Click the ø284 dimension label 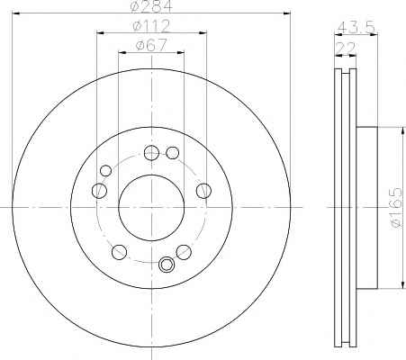(152, 6)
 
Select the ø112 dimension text (151, 26)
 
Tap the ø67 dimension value (151, 45)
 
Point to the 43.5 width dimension (356, 27)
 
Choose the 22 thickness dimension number (346, 48)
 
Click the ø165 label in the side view (396, 208)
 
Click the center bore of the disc (151, 207)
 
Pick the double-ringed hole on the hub (167, 265)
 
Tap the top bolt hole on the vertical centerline (151, 153)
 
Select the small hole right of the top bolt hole (173, 153)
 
